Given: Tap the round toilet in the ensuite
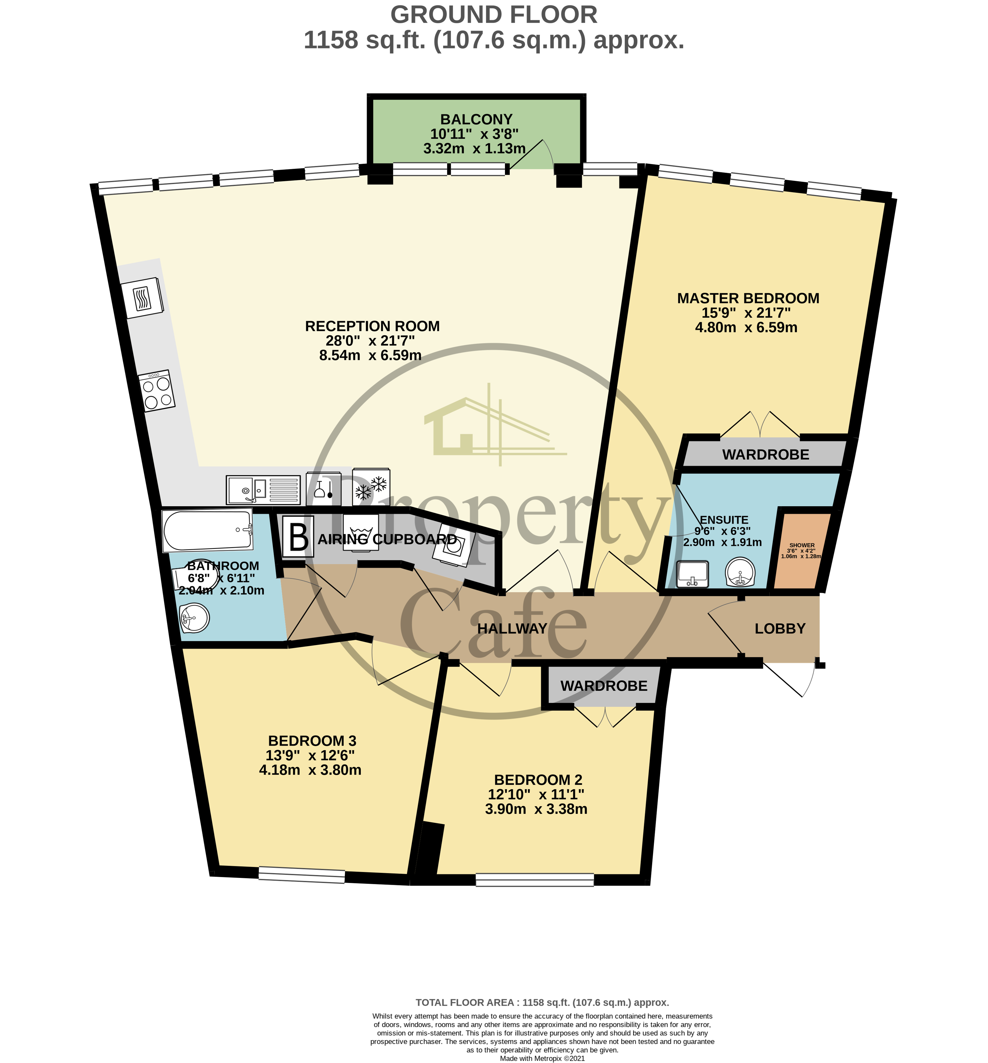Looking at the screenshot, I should point(740,572).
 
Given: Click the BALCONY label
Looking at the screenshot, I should point(476,119).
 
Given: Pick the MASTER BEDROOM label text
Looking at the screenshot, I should point(748,298).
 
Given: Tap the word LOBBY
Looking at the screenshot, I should point(780,628).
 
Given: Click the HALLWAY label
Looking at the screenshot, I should point(512,628).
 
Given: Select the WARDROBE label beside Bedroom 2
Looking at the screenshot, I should point(604,686).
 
